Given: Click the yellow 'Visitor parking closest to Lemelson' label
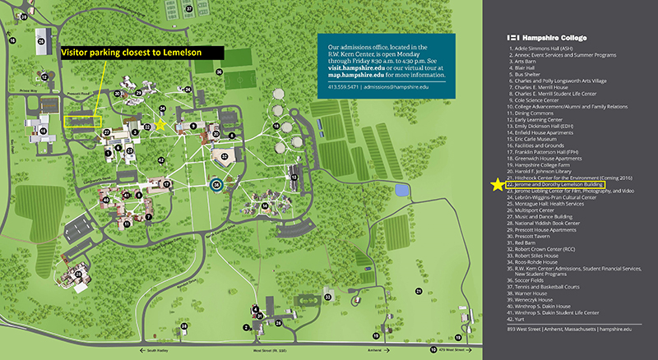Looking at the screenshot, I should click(141, 52).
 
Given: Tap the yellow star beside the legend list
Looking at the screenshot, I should click(497, 185).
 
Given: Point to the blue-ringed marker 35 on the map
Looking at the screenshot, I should click(216, 185).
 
